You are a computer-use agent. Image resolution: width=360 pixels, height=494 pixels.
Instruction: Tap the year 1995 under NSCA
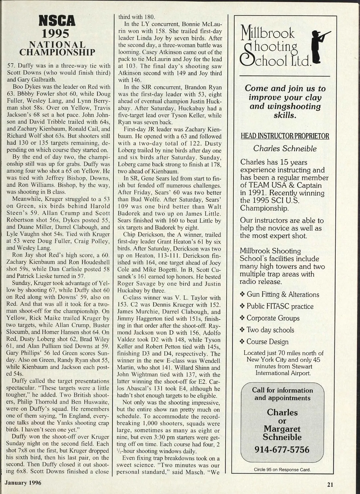[57, 33]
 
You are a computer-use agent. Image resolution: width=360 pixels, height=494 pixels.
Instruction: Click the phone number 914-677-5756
[282, 450]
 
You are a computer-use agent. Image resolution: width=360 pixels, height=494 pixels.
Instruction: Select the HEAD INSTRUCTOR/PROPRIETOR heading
[285, 136]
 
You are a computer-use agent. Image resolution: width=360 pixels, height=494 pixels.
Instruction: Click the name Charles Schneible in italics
[285, 148]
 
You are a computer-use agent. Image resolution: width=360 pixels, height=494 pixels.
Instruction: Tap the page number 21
[330, 484]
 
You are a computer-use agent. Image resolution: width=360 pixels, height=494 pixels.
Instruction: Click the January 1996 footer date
[23, 483]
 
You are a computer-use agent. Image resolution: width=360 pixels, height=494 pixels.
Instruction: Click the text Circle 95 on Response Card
[282, 469]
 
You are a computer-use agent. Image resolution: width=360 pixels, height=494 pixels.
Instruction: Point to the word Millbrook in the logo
[268, 32]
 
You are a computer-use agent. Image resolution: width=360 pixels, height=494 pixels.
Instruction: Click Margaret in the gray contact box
[282, 429]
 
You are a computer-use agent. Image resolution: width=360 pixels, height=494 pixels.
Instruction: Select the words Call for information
[282, 390]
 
